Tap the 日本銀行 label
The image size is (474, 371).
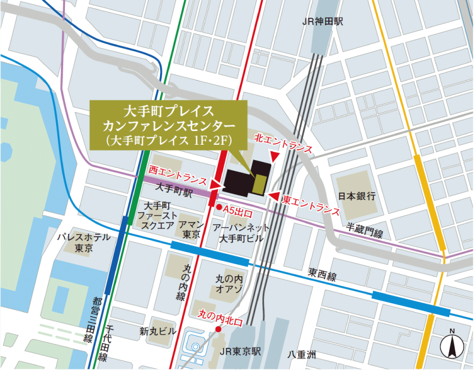pos(356,196)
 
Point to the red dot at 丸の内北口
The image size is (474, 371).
pos(218,329)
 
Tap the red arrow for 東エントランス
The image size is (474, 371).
pos(270,195)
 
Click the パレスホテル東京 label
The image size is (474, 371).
pos(84,243)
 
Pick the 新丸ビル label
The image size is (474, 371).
pos(158,331)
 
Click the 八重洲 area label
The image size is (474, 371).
pos(302,355)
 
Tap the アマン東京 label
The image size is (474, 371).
pos(192,230)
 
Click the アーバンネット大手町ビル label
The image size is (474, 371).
pos(241,233)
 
